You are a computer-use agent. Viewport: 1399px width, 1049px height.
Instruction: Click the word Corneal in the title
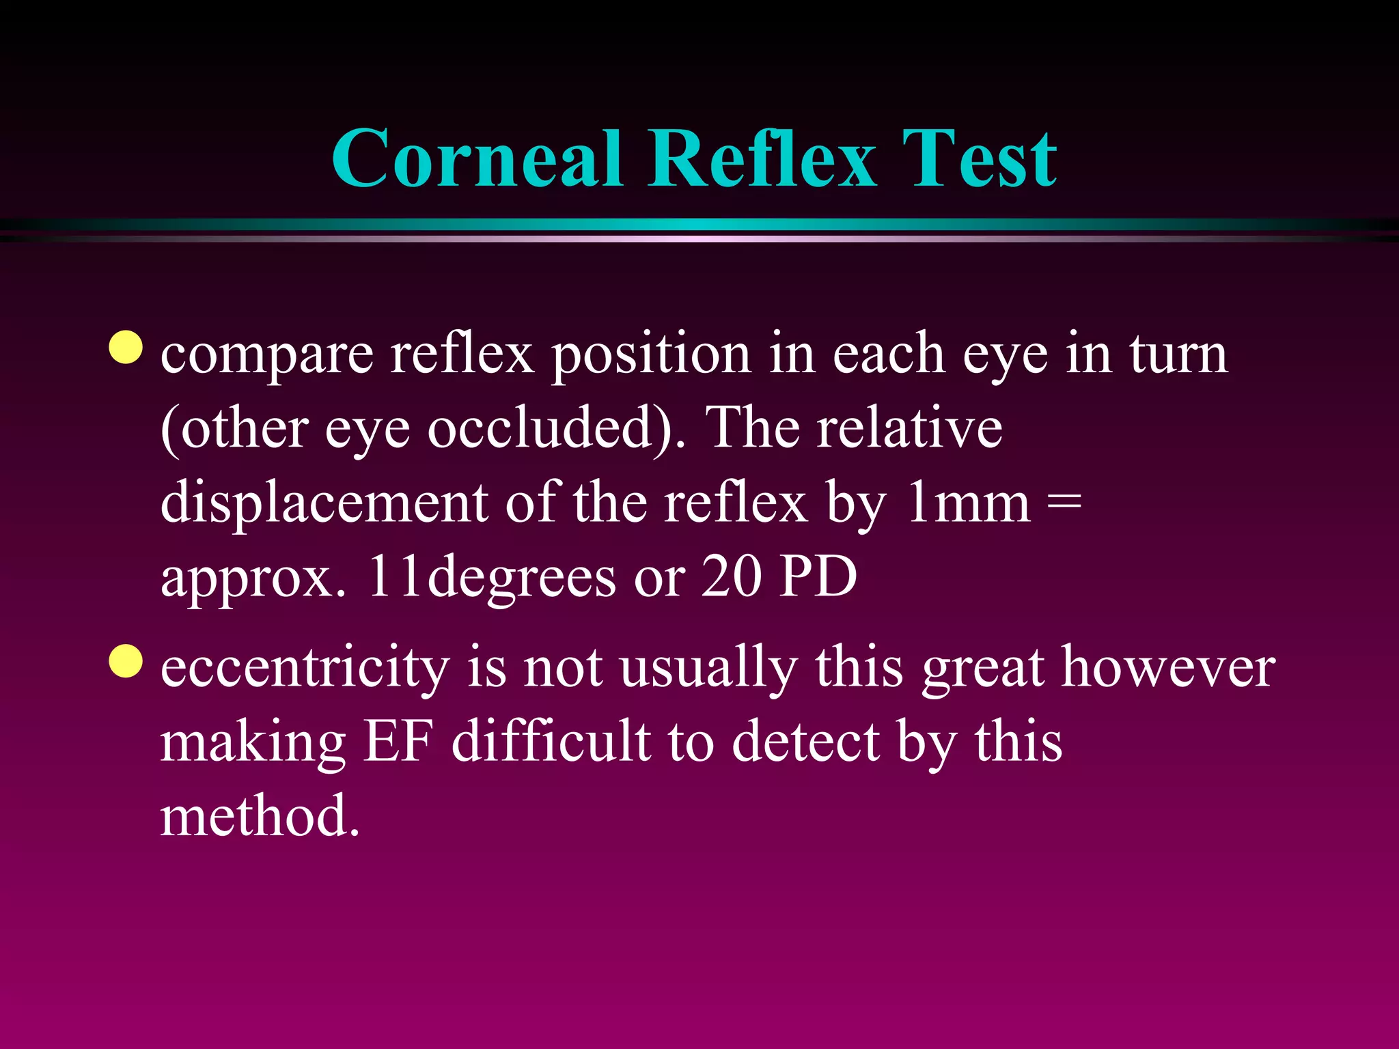tap(477, 159)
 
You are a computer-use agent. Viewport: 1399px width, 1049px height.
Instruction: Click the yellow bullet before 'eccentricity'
tap(126, 661)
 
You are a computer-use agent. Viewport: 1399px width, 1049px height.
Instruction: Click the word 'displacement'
tap(324, 504)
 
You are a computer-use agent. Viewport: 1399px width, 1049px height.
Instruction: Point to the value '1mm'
tap(968, 504)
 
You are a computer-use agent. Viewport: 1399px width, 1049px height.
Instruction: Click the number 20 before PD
tap(731, 577)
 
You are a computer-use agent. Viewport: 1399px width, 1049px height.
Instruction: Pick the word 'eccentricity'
tap(305, 668)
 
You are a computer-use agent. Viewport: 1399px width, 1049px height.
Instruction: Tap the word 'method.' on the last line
tap(260, 815)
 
